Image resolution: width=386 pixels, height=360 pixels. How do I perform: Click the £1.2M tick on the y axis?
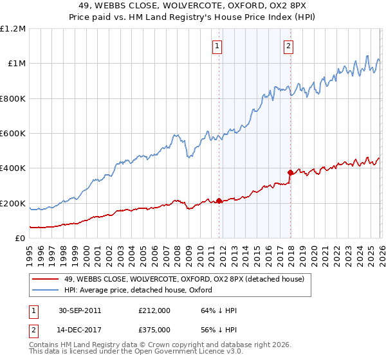tap(14, 29)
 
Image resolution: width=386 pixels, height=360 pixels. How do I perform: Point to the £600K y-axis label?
tap(13, 134)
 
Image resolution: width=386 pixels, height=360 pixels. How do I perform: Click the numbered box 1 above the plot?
tap(217, 46)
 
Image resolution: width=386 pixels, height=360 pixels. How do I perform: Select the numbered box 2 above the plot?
tap(289, 46)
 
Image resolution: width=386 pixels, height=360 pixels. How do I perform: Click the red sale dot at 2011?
tap(219, 201)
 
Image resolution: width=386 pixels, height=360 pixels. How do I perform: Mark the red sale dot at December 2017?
tap(290, 172)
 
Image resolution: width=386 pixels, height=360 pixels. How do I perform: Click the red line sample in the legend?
tap(45, 278)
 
